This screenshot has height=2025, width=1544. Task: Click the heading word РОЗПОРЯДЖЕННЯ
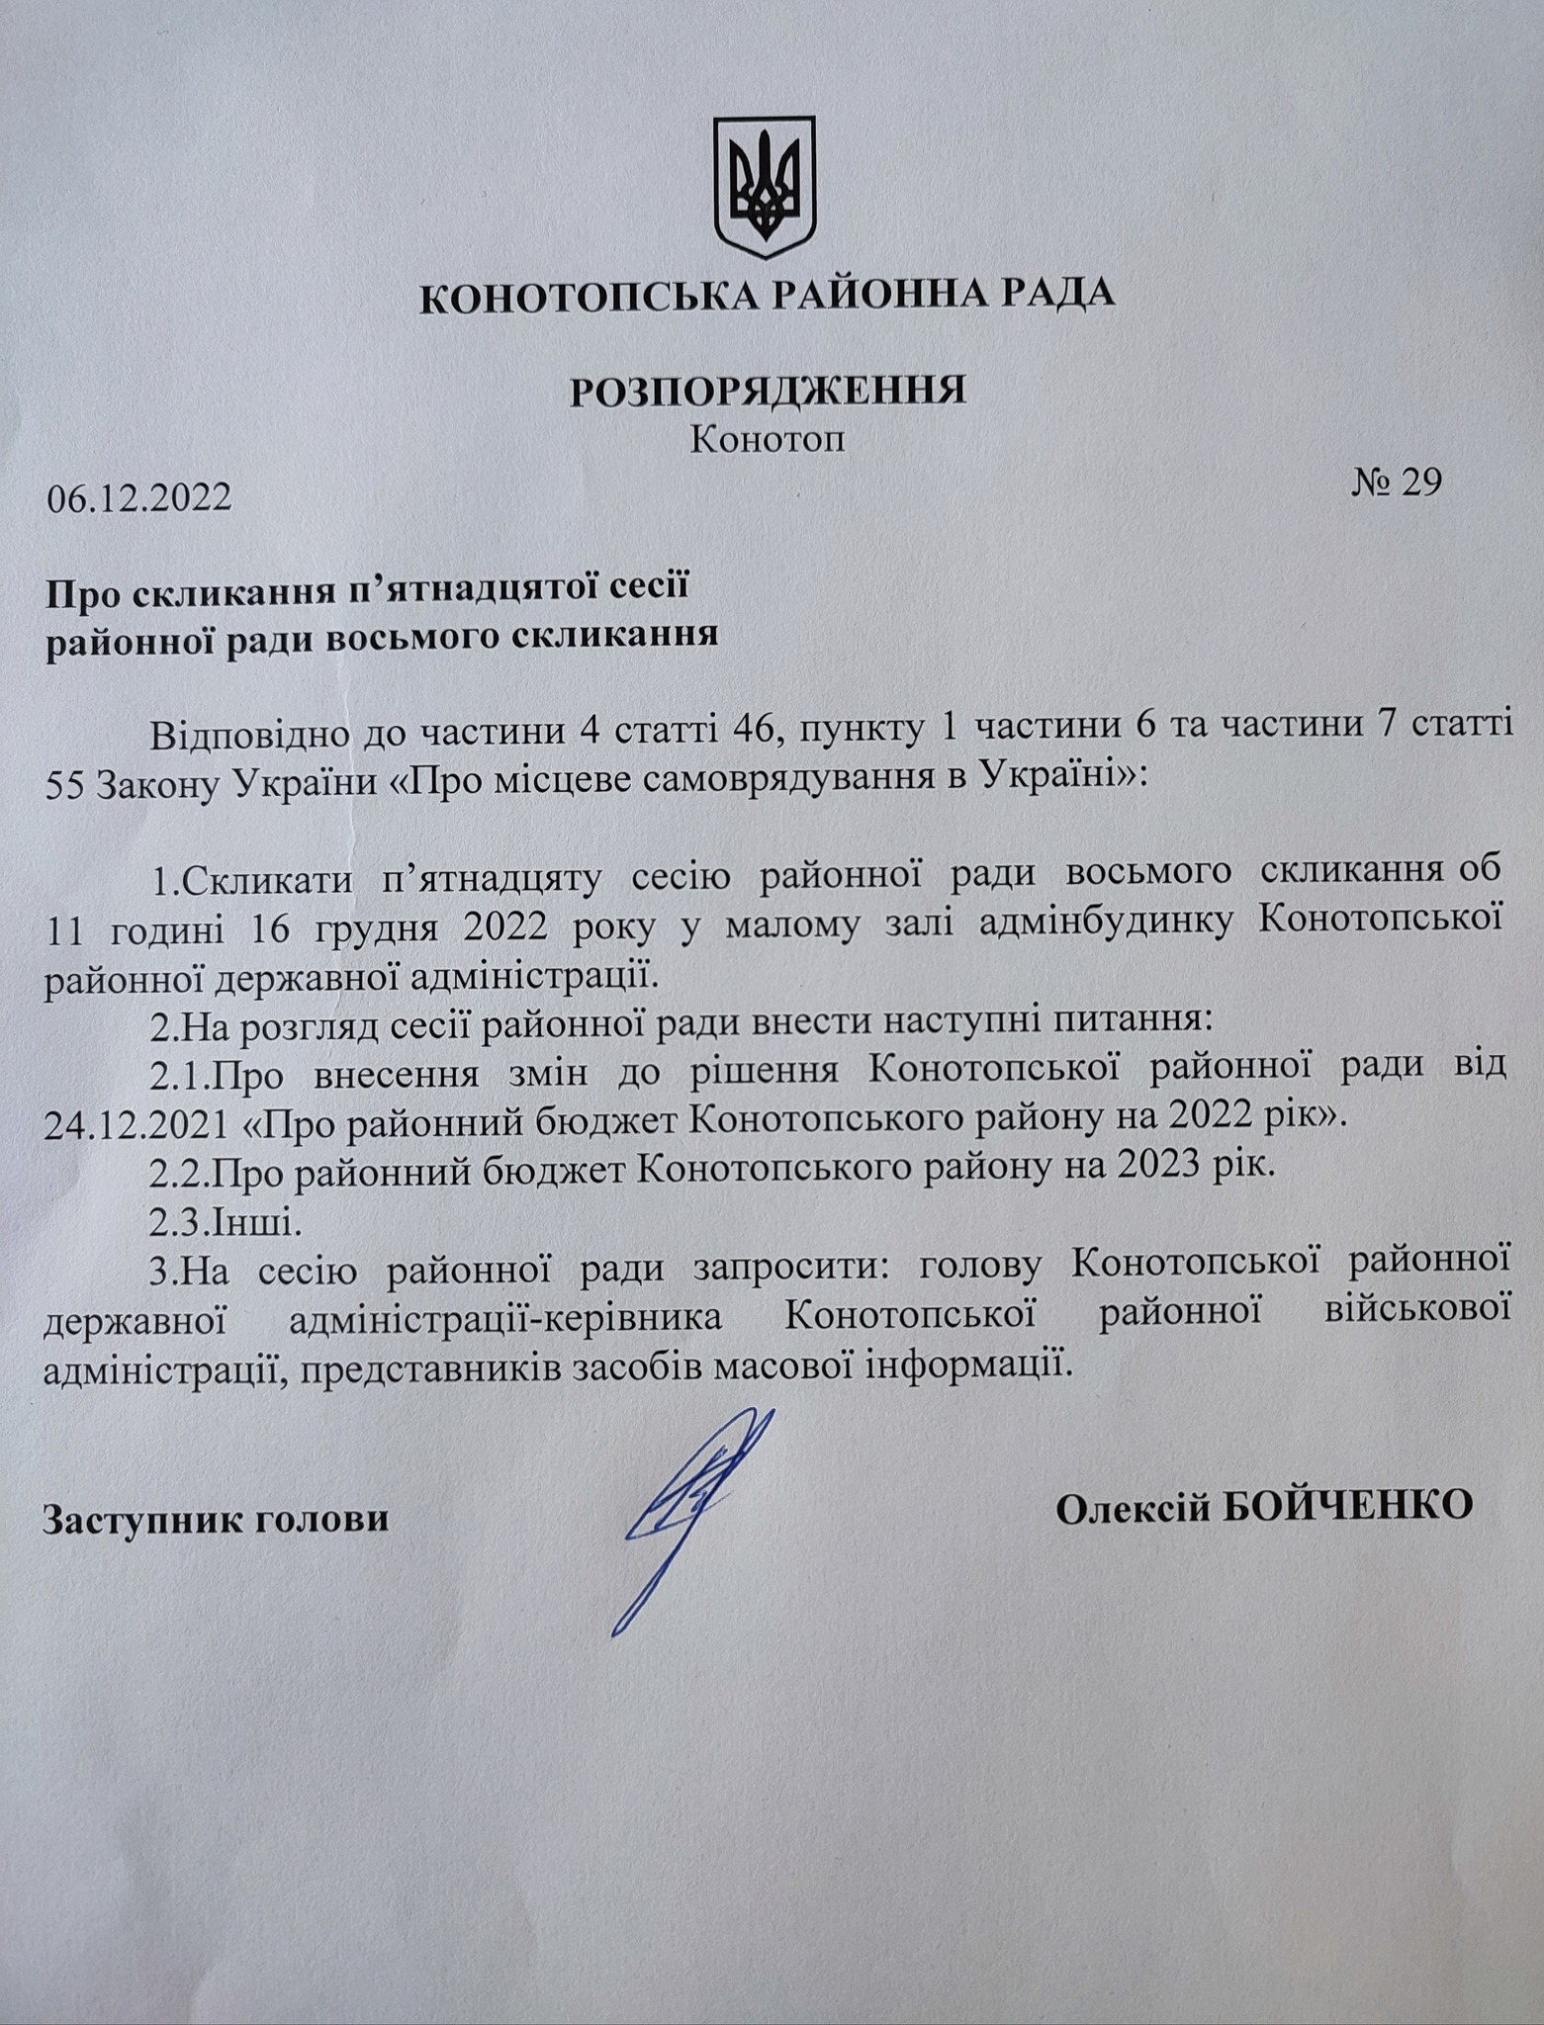(x=768, y=391)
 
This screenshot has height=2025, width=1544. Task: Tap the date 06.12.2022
(x=139, y=497)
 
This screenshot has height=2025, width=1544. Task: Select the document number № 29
(x=1395, y=482)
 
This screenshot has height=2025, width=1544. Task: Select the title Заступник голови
(x=215, y=1518)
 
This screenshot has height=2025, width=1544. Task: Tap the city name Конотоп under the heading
(x=768, y=438)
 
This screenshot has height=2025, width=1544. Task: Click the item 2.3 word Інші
(x=251, y=1224)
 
